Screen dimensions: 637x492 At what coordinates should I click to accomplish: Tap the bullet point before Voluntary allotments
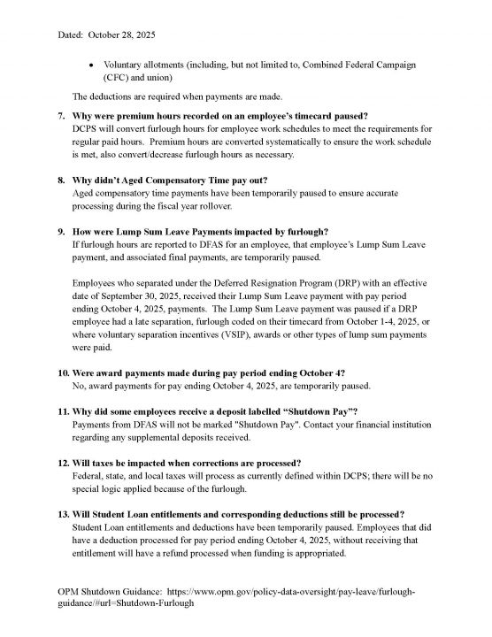point(92,65)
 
